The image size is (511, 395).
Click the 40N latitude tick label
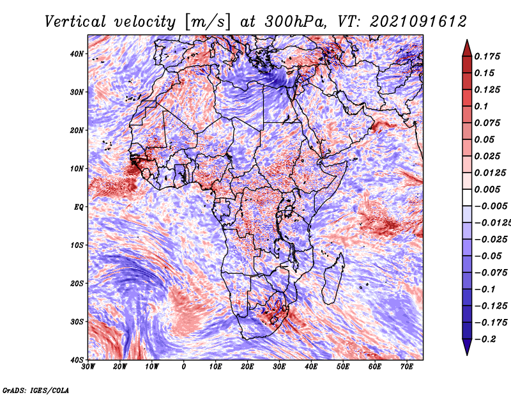[x=77, y=54]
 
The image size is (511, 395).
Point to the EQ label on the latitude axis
[x=79, y=207]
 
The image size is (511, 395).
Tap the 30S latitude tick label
[x=77, y=321]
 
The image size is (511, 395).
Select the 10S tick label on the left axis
[x=77, y=245]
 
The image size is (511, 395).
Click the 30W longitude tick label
[x=88, y=367]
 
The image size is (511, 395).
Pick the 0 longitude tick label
[x=184, y=367]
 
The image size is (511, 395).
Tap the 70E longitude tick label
[x=407, y=367]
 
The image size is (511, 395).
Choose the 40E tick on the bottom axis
[x=311, y=367]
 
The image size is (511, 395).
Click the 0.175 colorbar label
[x=487, y=56]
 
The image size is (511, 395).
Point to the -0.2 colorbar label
[x=485, y=339]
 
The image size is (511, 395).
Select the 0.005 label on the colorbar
[x=487, y=189]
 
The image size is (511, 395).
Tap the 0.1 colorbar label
[x=481, y=106]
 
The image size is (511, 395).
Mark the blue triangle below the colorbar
[x=467, y=346]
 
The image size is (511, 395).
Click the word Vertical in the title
[x=75, y=22]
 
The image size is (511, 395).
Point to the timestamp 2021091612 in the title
[x=418, y=22]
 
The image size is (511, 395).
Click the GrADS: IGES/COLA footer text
[x=36, y=391]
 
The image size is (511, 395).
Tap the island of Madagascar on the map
[x=333, y=279]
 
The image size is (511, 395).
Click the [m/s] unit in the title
[x=208, y=22]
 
